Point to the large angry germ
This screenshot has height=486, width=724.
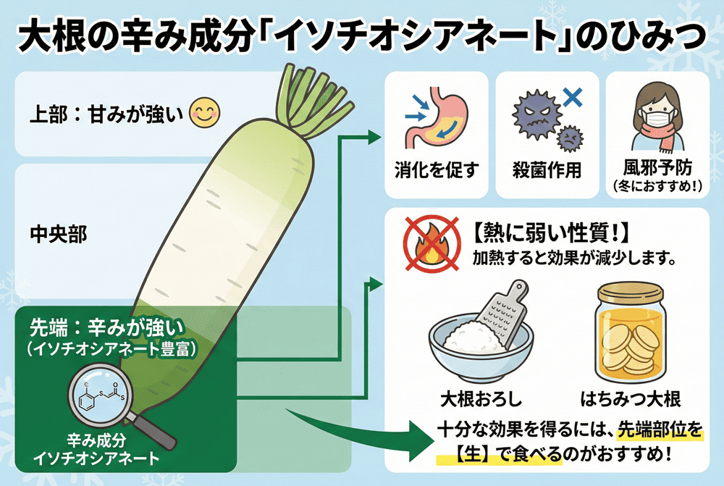coord(536,114)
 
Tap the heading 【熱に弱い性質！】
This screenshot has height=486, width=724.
coord(552,235)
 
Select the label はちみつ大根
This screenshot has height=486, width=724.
coord(629,400)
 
